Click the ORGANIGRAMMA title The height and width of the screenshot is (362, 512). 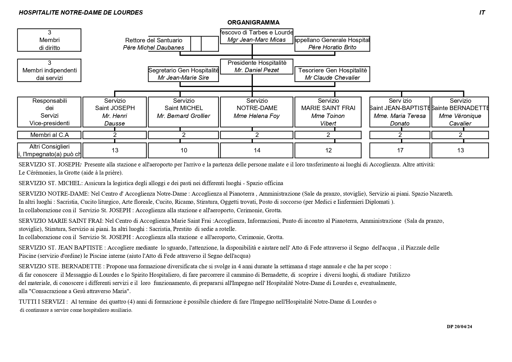tap(253, 22)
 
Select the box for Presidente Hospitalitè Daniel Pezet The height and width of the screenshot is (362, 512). tap(256, 67)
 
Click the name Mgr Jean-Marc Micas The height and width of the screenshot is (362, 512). tap(256, 40)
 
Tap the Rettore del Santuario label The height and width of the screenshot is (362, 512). tap(154, 40)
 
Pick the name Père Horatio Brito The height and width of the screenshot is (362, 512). tap(332, 47)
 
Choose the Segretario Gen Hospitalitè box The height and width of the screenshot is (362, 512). tap(183, 74)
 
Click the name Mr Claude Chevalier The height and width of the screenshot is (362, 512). tap(332, 78)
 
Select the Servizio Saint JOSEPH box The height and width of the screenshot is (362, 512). tap(115, 112)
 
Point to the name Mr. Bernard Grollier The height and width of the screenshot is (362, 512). tap(183, 116)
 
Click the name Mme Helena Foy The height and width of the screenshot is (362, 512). tap(256, 116)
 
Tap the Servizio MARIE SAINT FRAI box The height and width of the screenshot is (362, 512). tap(328, 112)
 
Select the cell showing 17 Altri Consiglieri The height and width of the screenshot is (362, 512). tap(400, 150)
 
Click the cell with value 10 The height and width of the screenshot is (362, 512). tap(184, 150)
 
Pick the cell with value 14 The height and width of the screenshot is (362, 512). tap(257, 150)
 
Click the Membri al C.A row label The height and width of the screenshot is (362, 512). tap(49, 135)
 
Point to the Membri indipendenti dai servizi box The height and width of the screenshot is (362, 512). tap(49, 70)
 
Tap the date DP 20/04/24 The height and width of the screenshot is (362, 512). tap(459, 327)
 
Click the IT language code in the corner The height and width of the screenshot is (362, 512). tap(482, 13)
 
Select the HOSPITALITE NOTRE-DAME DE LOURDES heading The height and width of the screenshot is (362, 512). tap(81, 13)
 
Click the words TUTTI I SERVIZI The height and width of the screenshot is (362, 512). tap(43, 302)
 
